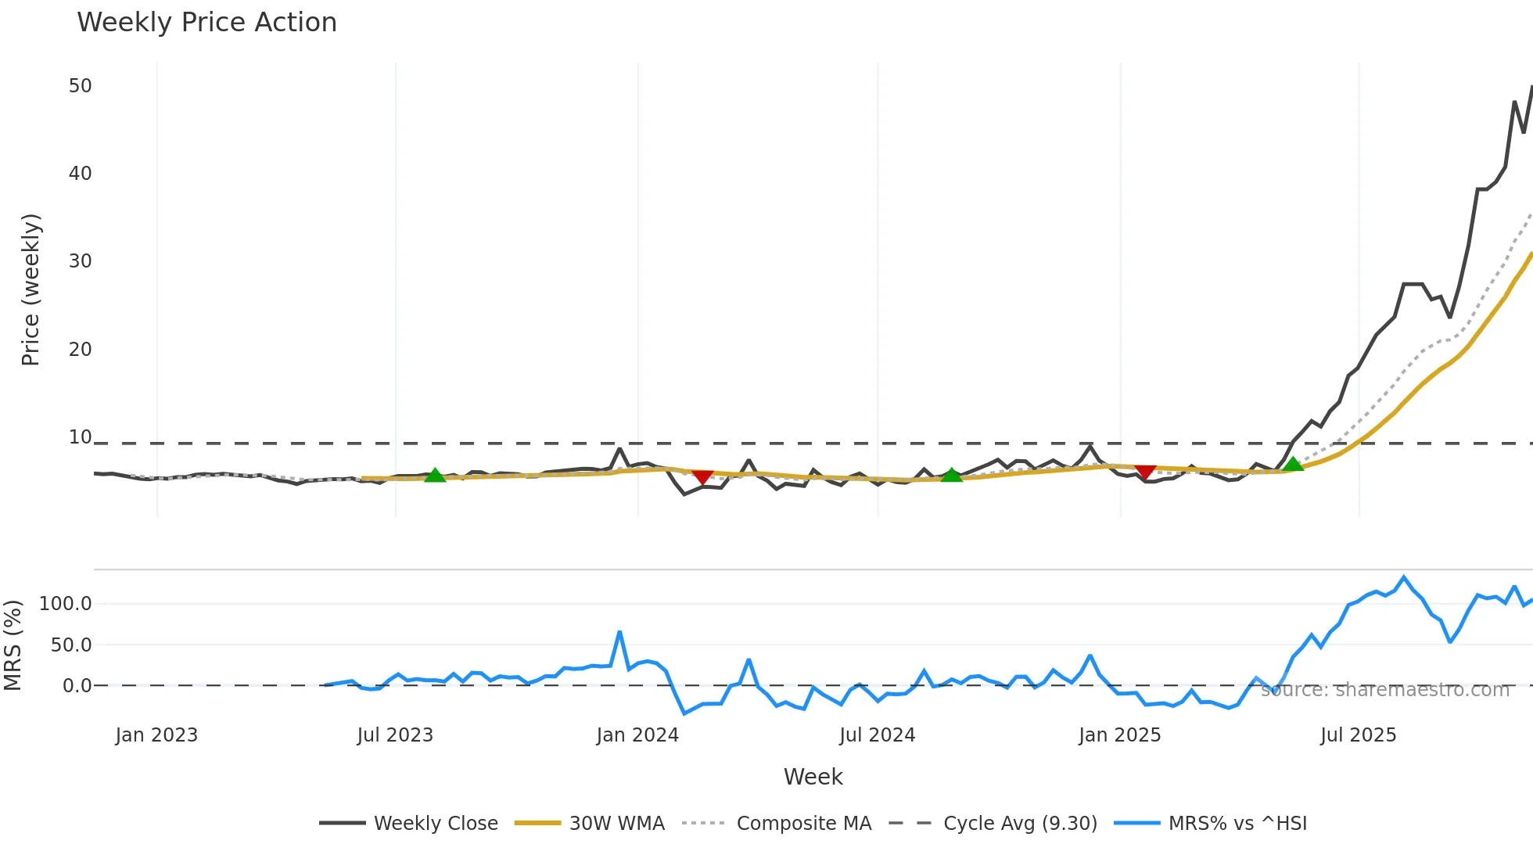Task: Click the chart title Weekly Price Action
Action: pos(206,23)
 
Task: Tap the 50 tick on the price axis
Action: pos(81,86)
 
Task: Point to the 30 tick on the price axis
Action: pos(81,261)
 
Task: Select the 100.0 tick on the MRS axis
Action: pos(66,604)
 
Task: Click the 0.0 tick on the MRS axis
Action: pos(77,686)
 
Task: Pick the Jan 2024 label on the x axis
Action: pos(637,735)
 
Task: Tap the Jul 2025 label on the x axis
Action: pos(1358,735)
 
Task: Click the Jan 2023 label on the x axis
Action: pos(156,735)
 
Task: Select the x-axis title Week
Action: pos(813,777)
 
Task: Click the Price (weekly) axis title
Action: pos(31,289)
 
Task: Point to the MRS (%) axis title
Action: pos(13,645)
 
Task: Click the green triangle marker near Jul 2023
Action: pos(435,475)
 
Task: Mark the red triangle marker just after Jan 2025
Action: pos(1145,471)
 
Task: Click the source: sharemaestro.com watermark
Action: pos(1384,690)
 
